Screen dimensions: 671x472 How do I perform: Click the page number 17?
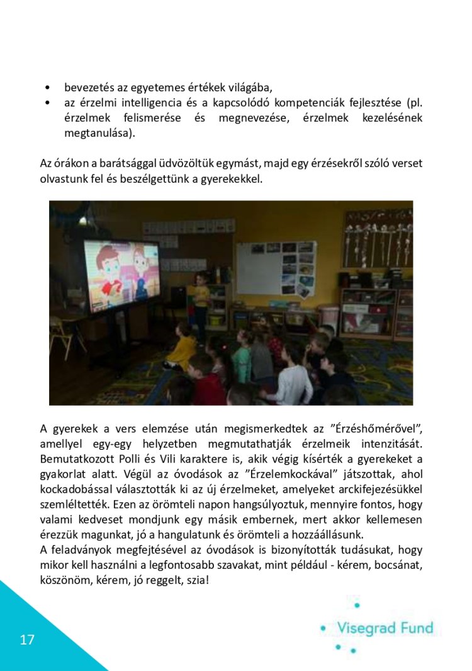[27, 640]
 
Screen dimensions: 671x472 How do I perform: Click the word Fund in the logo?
[418, 628]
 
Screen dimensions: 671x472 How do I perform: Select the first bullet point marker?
[48, 88]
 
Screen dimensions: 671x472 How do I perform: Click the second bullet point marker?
[48, 103]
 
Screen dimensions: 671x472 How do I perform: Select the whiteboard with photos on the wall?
[275, 268]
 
